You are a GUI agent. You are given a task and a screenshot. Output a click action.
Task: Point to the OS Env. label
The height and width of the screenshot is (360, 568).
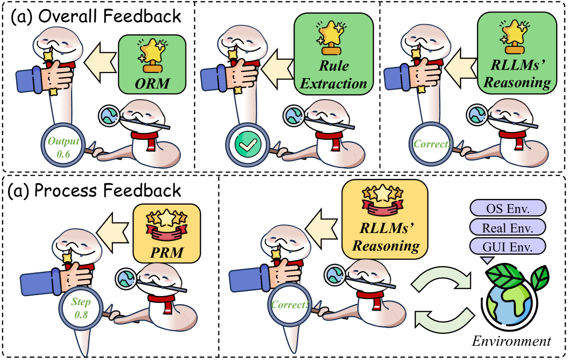[507, 209]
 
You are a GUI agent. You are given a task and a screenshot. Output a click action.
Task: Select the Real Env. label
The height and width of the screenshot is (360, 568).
[507, 227]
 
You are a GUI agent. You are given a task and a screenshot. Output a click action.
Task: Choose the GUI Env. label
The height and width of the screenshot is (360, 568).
[507, 246]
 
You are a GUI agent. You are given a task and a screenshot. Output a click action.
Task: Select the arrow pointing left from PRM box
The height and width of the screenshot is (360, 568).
[114, 230]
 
